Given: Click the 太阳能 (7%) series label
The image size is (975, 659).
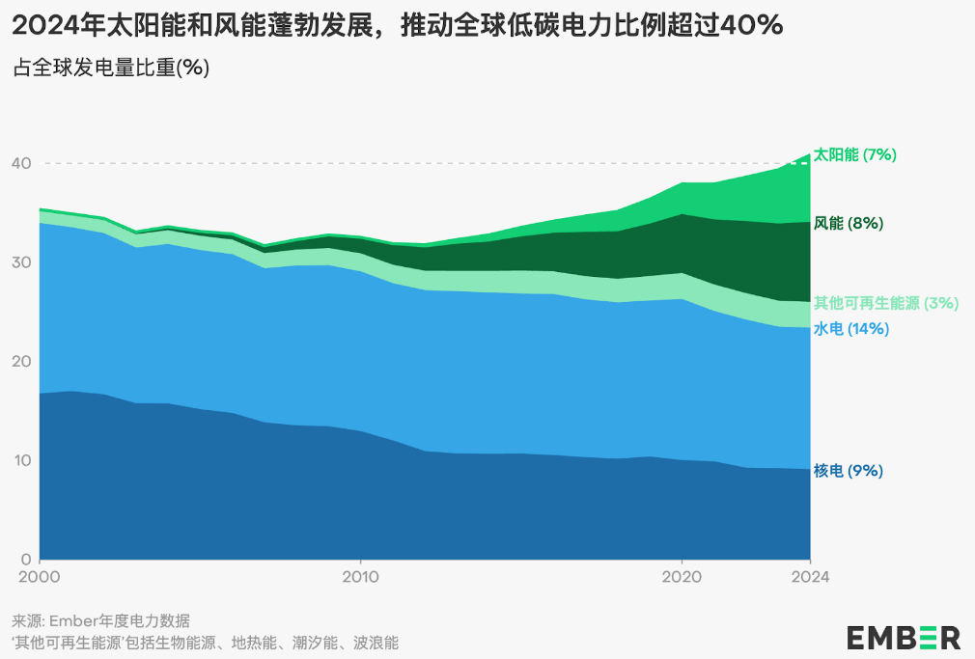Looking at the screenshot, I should [x=856, y=154].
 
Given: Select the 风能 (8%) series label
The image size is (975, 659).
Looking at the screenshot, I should [x=849, y=224].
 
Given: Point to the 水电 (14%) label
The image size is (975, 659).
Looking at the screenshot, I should [x=851, y=329].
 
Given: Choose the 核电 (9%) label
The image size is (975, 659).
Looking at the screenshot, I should [x=849, y=471].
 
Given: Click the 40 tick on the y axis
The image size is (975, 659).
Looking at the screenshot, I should [x=21, y=164].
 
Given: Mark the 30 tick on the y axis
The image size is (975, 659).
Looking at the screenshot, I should [x=21, y=262].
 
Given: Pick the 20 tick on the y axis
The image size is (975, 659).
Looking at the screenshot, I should [x=21, y=362].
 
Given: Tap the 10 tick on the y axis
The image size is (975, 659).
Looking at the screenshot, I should [x=21, y=460].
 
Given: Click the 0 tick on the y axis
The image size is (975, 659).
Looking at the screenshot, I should [x=26, y=560].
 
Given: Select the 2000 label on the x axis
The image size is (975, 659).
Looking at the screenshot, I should [x=40, y=577].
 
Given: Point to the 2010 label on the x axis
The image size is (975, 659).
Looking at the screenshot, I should [x=360, y=577].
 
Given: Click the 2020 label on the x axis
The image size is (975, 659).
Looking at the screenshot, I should [x=682, y=577].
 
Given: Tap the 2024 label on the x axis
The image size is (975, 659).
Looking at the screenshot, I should [x=810, y=577].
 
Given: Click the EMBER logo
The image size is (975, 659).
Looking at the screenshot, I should [x=904, y=637].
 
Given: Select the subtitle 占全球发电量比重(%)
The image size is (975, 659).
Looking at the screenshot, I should [x=111, y=69].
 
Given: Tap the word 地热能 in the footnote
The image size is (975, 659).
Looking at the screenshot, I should [x=255, y=642].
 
